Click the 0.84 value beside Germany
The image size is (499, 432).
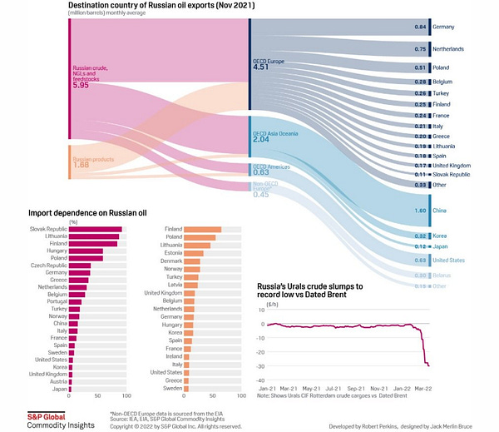point(420,27)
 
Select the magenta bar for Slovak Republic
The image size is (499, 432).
point(95,229)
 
